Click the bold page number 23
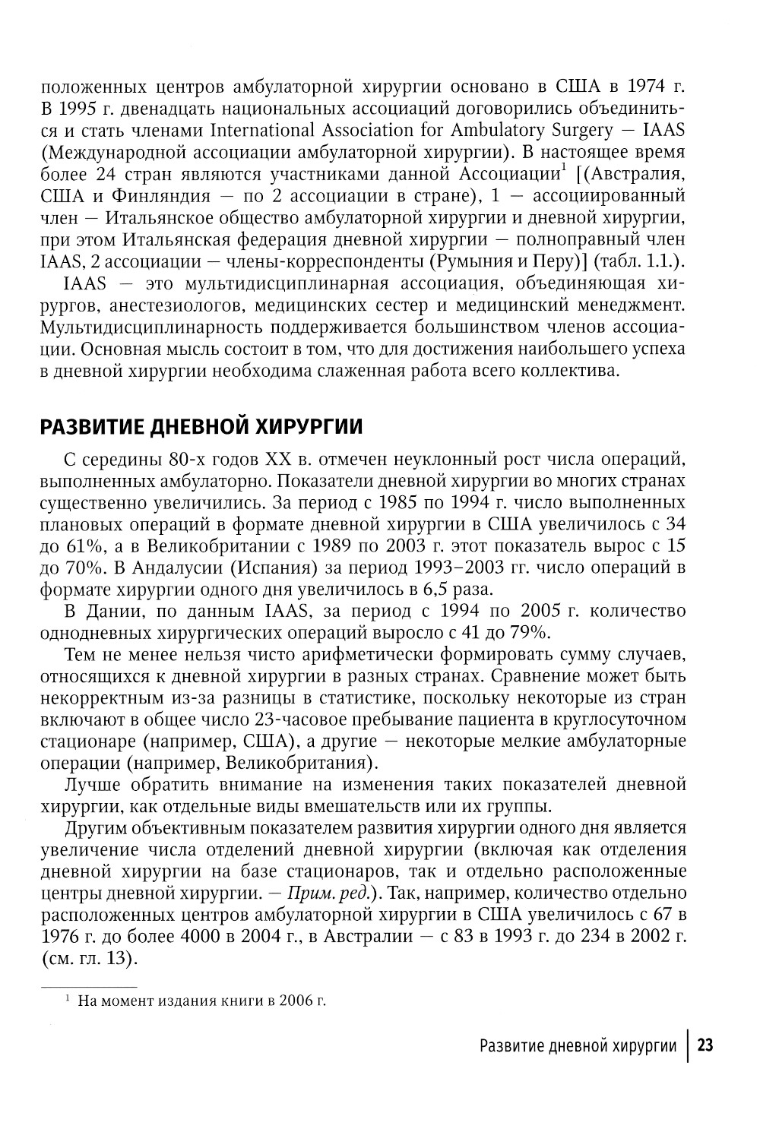click(705, 1046)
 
